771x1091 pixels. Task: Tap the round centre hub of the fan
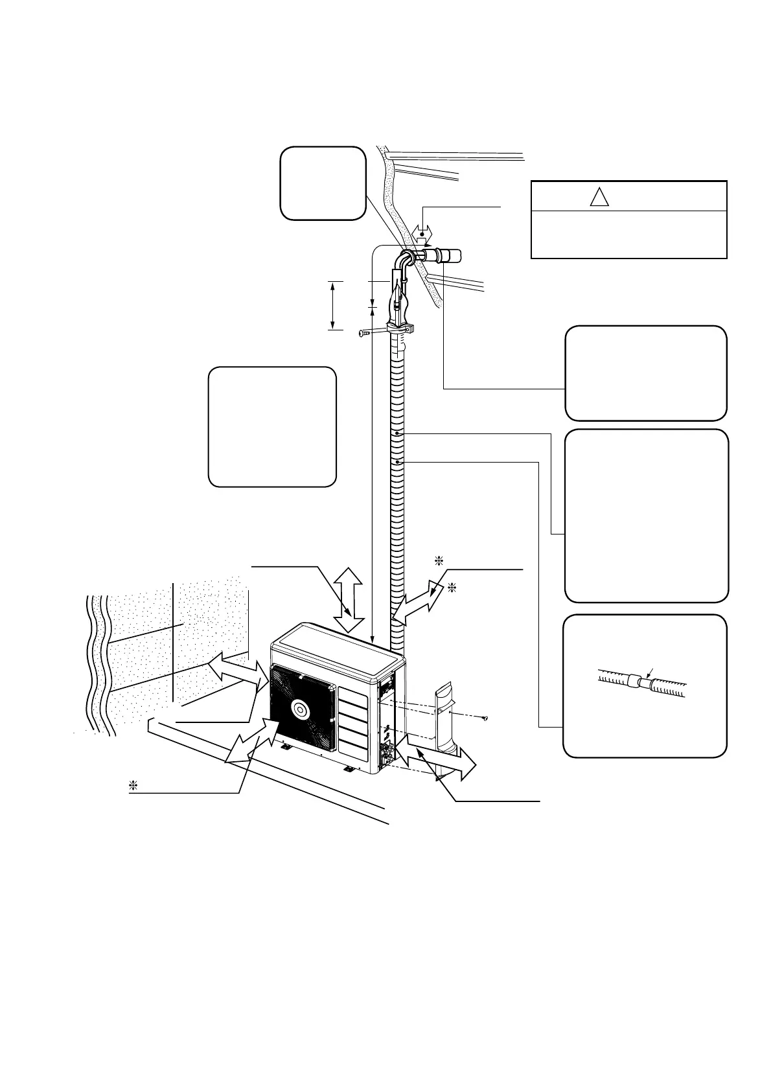302,709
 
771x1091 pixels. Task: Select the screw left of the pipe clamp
365,334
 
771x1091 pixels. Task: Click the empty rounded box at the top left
322,183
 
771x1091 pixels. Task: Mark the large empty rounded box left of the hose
272,426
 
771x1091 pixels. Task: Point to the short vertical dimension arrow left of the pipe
332,306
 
